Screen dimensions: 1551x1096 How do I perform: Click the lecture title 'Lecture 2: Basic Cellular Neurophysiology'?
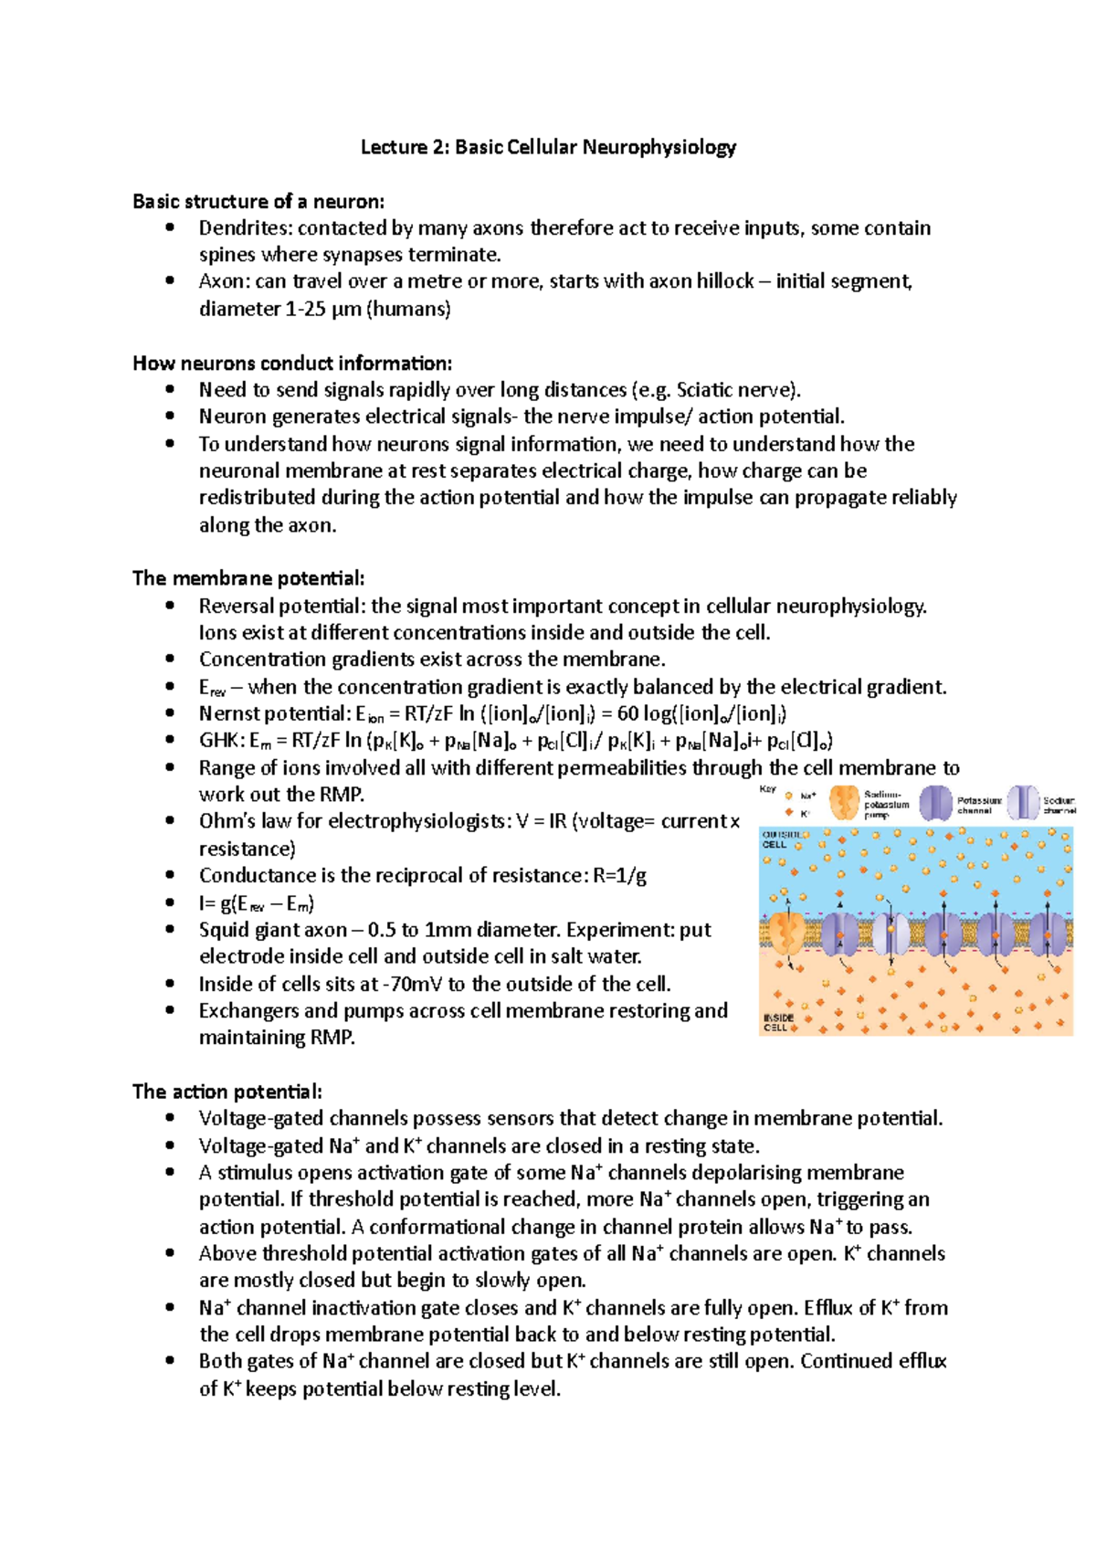[548, 147]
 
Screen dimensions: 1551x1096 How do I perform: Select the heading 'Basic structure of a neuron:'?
[258, 201]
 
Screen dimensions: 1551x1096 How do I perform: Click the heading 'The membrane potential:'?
[248, 578]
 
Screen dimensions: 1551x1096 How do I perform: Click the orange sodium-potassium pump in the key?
[844, 803]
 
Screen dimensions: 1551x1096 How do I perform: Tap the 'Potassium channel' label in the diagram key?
[979, 805]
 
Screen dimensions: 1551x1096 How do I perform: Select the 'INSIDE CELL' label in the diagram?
[778, 1022]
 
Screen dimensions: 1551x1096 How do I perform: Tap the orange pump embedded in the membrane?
[785, 932]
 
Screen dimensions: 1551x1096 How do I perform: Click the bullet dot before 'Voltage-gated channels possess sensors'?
[170, 1118]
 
